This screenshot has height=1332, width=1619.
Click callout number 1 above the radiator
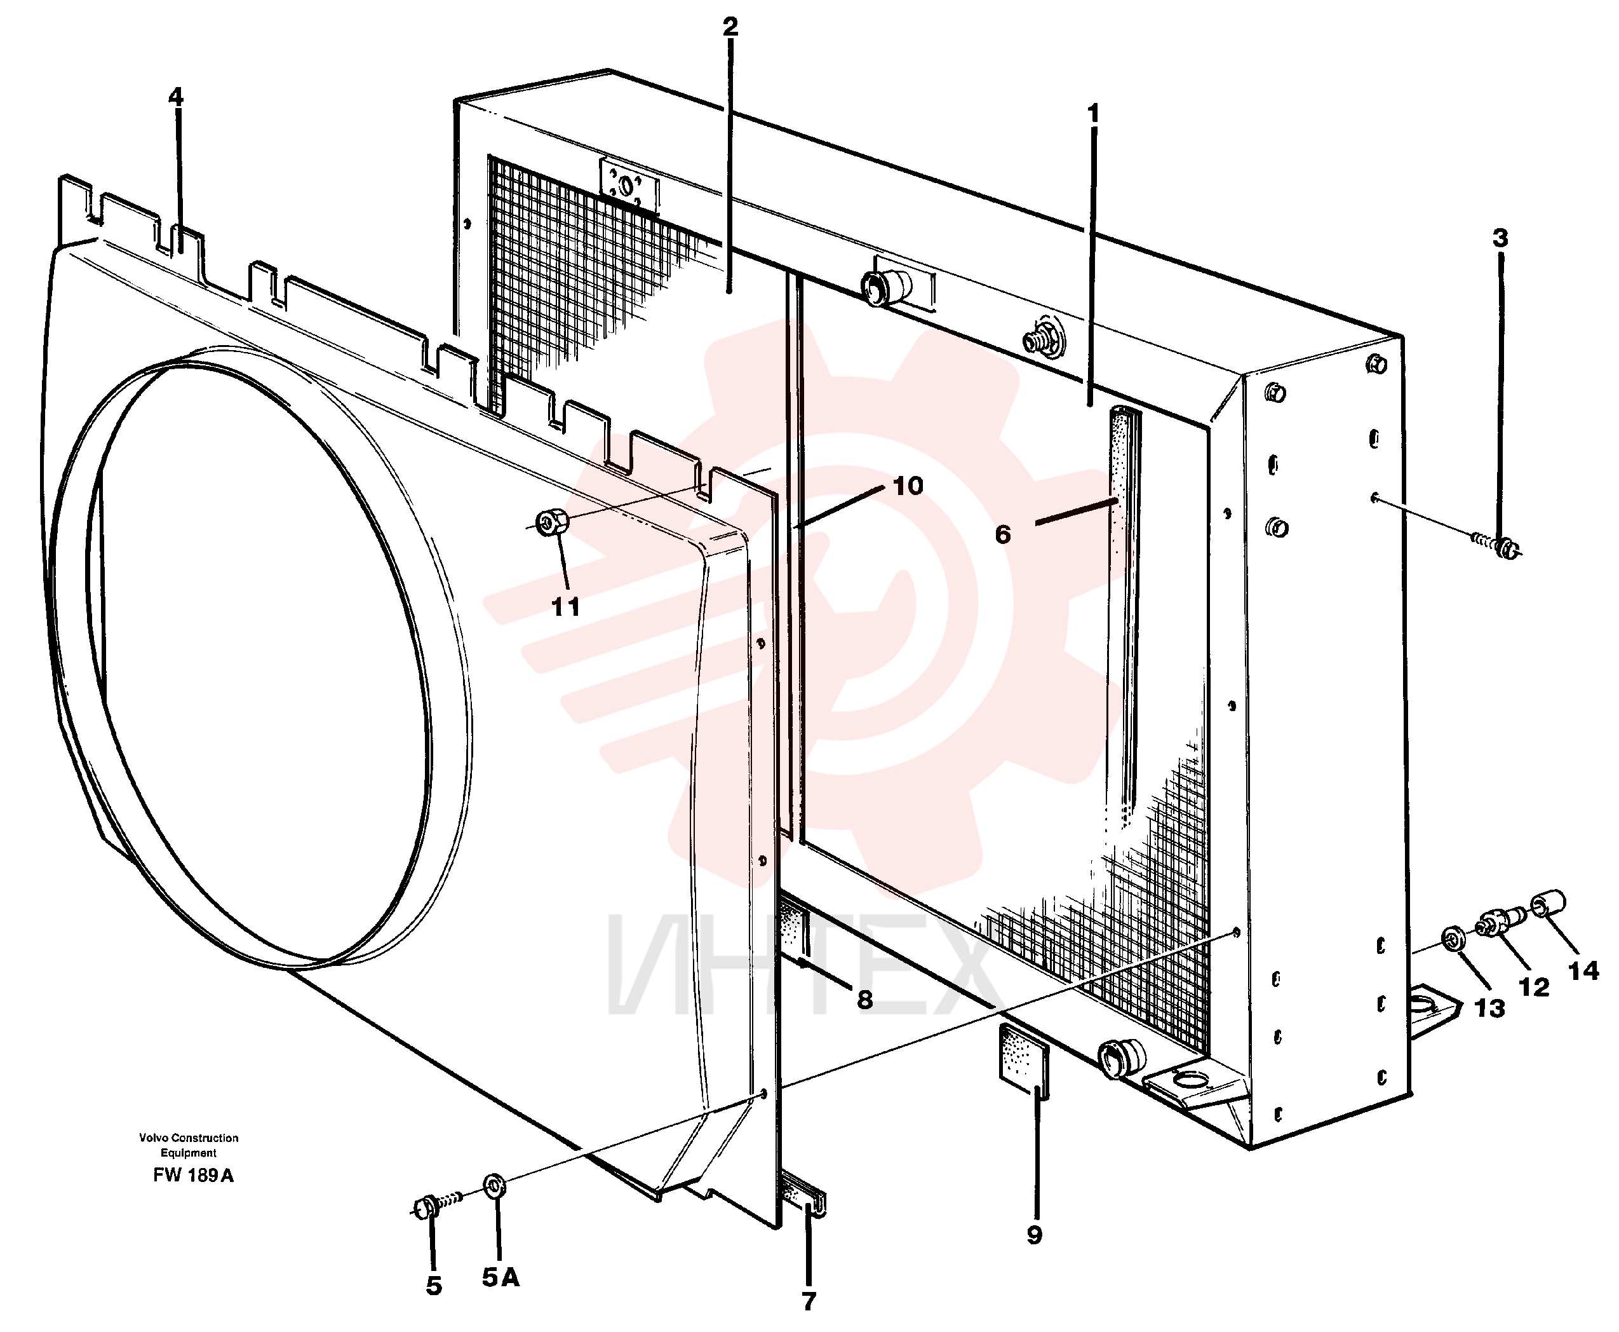[1094, 114]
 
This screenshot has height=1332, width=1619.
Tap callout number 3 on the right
[1500, 238]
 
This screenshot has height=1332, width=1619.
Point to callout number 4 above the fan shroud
[176, 97]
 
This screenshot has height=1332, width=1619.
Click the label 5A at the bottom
[500, 1277]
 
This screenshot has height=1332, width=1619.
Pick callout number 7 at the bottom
[809, 1300]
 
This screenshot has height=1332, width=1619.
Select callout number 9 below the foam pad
[1034, 1235]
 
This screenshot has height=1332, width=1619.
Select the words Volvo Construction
[189, 1138]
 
